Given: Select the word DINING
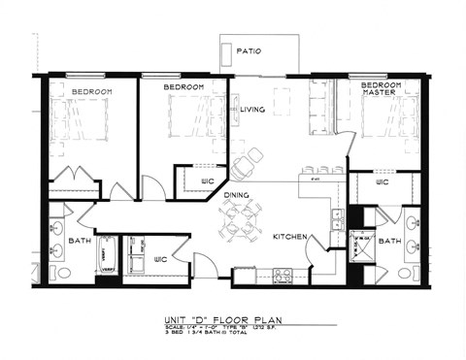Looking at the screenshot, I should click(238, 195).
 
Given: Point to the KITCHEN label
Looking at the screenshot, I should click(289, 237).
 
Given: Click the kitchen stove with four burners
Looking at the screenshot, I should click(283, 276).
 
